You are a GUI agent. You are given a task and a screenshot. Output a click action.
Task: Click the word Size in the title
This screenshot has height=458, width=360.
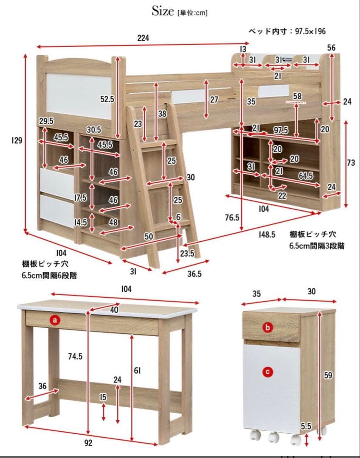click(163, 12)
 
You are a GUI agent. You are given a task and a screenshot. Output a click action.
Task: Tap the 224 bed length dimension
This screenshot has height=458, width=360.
click(143, 38)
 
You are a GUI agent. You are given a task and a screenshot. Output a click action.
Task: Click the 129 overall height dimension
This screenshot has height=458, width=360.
click(17, 140)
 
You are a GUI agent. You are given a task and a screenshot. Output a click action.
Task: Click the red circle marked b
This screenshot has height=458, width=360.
click(267, 327)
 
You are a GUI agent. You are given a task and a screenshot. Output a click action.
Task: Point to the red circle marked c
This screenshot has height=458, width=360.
click(267, 372)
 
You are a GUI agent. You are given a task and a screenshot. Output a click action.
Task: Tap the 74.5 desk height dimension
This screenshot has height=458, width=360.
click(75, 357)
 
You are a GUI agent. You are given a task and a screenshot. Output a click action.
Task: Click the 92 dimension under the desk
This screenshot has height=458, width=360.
click(88, 443)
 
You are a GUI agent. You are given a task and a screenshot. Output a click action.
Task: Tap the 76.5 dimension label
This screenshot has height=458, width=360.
click(232, 217)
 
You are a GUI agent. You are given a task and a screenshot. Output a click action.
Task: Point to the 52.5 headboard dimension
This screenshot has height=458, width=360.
click(107, 99)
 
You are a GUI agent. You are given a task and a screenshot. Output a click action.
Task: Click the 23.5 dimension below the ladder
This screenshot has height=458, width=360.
click(186, 254)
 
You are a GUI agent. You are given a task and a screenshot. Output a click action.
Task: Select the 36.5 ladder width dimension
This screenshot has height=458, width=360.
click(194, 274)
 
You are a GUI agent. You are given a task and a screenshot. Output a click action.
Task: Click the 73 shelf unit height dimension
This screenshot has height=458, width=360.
click(351, 163)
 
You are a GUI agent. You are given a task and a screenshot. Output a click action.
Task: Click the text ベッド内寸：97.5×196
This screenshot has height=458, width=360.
click(287, 31)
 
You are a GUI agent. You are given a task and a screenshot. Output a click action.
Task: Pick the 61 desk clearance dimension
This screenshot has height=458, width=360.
click(137, 371)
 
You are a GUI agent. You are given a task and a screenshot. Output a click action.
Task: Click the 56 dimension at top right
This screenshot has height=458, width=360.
click(332, 48)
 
